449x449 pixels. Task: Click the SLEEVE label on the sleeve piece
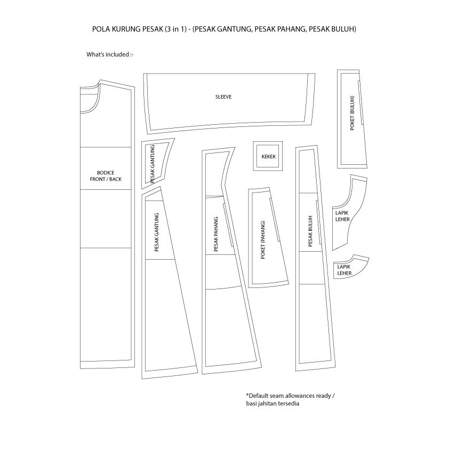pyautogui.click(x=223, y=97)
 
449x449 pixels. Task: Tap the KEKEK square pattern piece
pyautogui.click(x=267, y=156)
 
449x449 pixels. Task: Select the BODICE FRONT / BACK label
pyautogui.click(x=105, y=176)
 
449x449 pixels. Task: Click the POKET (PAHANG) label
pyautogui.click(x=262, y=240)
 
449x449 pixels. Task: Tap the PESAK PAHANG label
pyautogui.click(x=215, y=234)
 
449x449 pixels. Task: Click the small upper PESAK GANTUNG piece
pyautogui.click(x=156, y=163)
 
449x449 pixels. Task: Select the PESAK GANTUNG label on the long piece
pyautogui.click(x=157, y=232)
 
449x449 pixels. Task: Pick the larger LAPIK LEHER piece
pyautogui.click(x=347, y=213)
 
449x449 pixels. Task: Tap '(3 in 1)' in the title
pyautogui.click(x=175, y=29)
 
